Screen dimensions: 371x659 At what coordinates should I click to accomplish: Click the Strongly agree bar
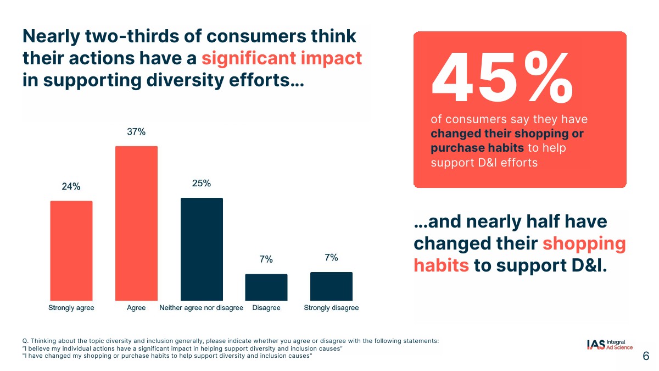[71, 250]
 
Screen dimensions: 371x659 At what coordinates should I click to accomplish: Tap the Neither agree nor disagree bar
[202, 248]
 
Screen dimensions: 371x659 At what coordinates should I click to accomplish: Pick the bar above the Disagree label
[266, 287]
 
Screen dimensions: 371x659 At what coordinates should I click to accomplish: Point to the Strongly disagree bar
[331, 286]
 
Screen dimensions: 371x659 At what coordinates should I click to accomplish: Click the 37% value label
[136, 132]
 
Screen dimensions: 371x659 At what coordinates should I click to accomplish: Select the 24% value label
[71, 186]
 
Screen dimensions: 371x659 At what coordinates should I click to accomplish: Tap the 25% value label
[202, 184]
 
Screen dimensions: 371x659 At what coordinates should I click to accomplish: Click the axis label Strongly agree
[71, 308]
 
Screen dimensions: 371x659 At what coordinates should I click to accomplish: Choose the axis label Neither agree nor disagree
[202, 308]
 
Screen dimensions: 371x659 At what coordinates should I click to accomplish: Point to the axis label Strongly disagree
[331, 308]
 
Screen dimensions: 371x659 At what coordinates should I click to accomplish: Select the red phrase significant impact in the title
[282, 58]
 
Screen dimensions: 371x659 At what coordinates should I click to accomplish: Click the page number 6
[646, 357]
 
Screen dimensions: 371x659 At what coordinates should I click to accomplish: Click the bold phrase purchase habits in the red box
[477, 148]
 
